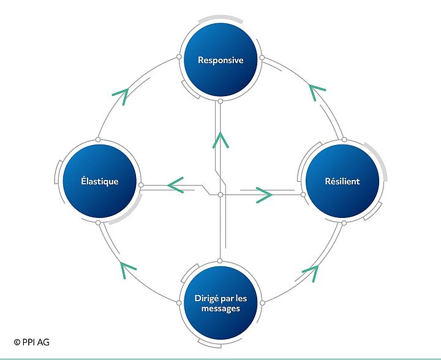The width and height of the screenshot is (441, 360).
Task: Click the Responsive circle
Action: point(220,61)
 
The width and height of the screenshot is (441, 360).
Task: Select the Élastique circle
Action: point(99,182)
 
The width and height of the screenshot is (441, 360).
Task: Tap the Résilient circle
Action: point(342,182)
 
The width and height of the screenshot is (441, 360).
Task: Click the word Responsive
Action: point(221,61)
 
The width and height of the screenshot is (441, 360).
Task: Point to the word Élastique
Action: point(99,182)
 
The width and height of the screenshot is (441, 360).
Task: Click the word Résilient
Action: point(342,182)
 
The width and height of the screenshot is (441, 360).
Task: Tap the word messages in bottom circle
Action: point(220,309)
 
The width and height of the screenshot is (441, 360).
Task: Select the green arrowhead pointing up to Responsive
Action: point(220,139)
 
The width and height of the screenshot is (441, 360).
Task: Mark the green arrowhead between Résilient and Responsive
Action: point(317,92)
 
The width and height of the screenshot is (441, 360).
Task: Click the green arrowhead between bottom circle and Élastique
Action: point(127,268)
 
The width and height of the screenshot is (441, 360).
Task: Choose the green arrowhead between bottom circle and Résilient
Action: point(311,272)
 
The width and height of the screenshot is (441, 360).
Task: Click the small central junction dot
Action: point(220,195)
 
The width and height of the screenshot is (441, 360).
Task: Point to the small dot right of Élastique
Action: point(141,184)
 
